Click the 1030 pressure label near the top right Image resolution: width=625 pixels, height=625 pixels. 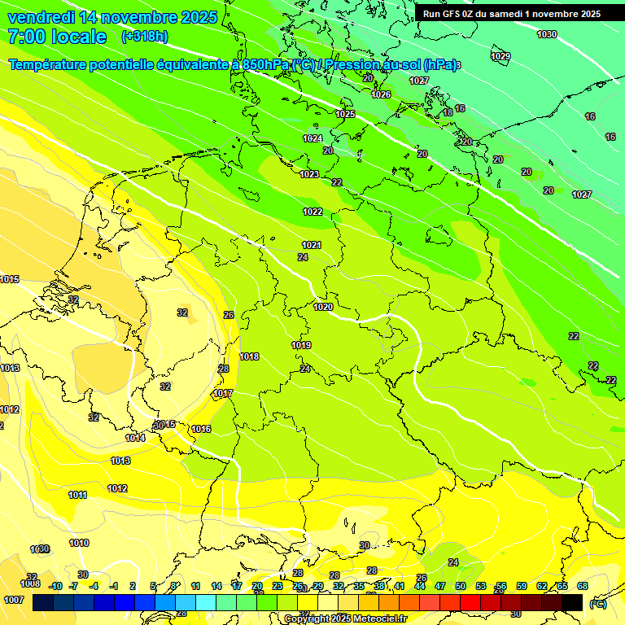coord(547,34)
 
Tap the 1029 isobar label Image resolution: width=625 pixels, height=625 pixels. coord(501,56)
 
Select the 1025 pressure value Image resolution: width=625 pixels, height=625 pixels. coord(345,115)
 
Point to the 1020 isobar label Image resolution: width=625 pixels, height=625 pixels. coord(323,307)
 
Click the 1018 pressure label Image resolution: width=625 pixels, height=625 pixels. coord(249,356)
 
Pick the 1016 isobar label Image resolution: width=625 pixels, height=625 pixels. coord(202,429)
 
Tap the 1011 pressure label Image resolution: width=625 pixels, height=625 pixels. coord(78,495)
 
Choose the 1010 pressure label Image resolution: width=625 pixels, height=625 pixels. coord(79,543)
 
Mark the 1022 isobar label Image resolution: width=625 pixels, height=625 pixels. coord(312,212)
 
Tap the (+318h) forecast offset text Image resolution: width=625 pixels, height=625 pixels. coord(144,37)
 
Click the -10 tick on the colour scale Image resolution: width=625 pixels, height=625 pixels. coord(55,586)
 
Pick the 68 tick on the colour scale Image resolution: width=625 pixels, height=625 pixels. coord(583,586)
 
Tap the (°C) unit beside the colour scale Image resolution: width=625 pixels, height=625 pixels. coord(598,604)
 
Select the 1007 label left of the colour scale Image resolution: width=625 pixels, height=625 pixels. coord(13,600)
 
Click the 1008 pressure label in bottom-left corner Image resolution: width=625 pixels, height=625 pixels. coord(30,583)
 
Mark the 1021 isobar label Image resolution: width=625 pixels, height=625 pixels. coord(312,245)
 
